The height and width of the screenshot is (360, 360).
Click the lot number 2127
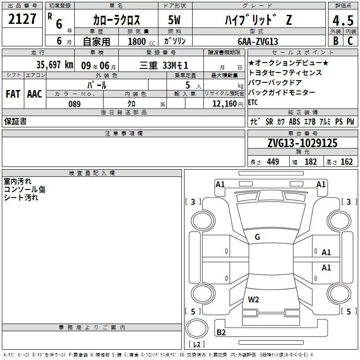point(22,19)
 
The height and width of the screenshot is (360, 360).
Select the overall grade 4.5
point(343,20)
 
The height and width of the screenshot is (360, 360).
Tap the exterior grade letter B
point(336,40)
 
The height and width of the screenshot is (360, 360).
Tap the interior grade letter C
point(350,40)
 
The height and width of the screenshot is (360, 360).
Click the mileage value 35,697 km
point(54,65)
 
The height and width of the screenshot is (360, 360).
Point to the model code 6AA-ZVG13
point(258,41)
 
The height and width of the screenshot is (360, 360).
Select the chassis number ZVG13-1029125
point(302,143)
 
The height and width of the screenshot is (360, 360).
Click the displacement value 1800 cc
point(141,41)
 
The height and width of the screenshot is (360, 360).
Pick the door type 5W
point(174,20)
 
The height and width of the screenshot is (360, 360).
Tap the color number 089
point(75,104)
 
